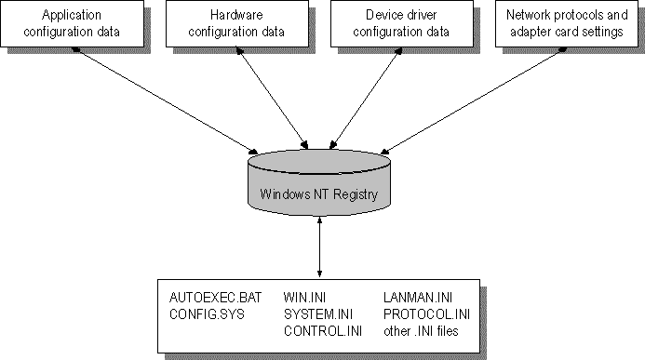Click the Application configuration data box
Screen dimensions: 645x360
pos(72,23)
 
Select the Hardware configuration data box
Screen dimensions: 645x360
pos(237,23)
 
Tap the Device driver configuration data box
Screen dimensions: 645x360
pos(402,23)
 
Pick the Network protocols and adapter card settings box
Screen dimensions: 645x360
pos(567,23)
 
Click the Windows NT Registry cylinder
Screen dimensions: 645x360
pos(319,183)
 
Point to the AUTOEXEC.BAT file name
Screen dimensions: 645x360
pos(216,298)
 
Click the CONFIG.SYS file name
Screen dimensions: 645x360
pos(207,314)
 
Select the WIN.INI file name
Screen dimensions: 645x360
pos(304,298)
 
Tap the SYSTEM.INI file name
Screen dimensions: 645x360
pos(318,314)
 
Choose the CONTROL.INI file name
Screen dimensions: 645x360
pos(323,331)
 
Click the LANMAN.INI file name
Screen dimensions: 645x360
pos(418,298)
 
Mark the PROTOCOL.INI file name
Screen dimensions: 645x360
pos(426,314)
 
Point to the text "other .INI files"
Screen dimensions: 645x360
pos(421,331)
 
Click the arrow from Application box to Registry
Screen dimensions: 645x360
pos(165,100)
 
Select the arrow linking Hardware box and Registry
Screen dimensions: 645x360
pos(272,98)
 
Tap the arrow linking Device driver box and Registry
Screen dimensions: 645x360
pos(366,98)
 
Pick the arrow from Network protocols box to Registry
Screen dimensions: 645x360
pos(474,100)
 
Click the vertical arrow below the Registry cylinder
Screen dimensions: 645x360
pos(319,247)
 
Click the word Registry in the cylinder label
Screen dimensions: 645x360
pos(356,194)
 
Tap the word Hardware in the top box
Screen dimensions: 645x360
pos(236,15)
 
